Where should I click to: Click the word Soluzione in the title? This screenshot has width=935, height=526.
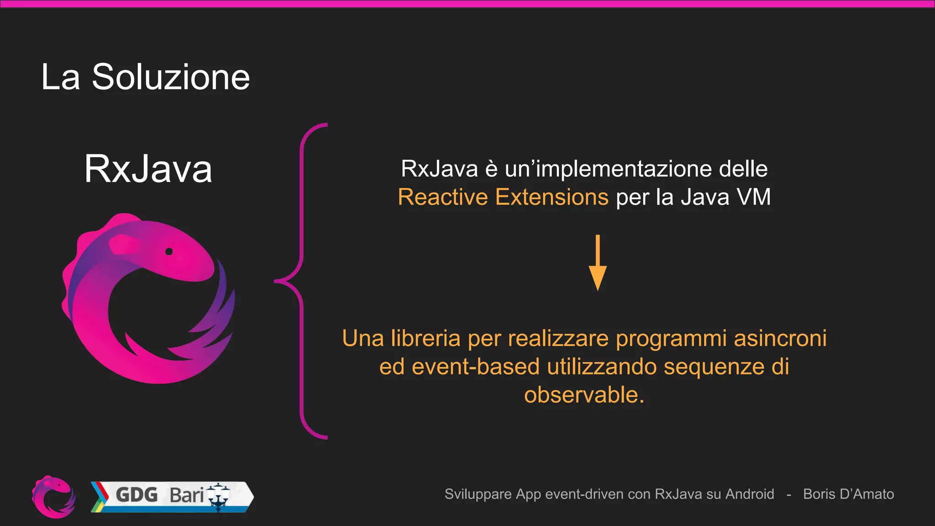(x=170, y=77)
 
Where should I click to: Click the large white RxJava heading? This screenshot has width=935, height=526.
(x=148, y=169)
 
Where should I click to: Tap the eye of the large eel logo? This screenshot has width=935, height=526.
(x=169, y=252)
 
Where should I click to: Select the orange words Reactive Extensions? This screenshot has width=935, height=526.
(x=503, y=197)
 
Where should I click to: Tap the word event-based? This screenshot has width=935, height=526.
(x=476, y=367)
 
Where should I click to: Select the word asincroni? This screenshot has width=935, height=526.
(x=780, y=338)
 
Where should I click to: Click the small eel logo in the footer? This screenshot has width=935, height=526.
(x=54, y=497)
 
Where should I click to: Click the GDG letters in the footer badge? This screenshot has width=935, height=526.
(x=137, y=495)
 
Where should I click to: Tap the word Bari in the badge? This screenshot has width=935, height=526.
(x=186, y=495)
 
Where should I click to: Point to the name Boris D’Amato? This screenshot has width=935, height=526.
(x=848, y=494)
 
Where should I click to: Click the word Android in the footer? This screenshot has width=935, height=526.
(x=750, y=494)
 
